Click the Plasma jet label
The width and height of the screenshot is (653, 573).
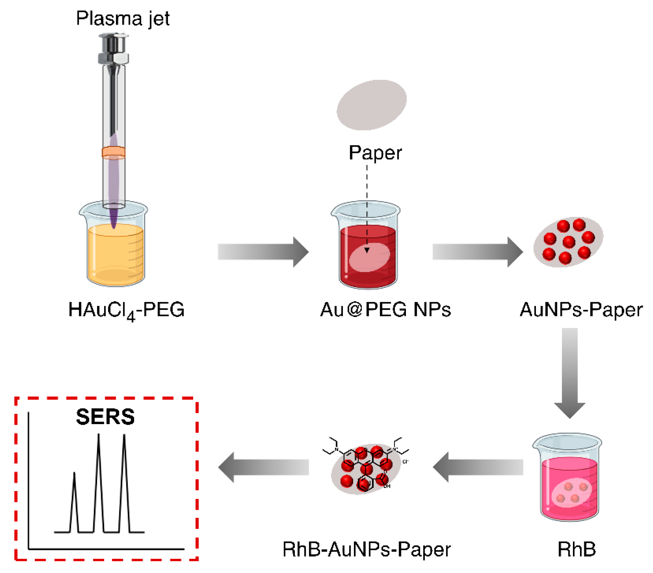click(123, 18)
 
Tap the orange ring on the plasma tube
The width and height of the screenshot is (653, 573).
click(113, 153)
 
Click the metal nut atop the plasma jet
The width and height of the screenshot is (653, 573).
click(113, 58)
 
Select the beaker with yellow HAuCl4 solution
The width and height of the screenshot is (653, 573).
click(115, 252)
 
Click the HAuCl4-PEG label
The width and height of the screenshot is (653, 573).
click(127, 310)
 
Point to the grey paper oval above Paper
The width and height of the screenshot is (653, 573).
click(371, 105)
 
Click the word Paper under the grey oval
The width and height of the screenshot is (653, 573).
click(375, 153)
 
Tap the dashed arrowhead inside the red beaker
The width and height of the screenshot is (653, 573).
click(367, 250)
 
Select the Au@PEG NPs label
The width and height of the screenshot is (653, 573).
click(385, 309)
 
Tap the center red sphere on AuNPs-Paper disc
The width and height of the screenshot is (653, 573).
click(569, 242)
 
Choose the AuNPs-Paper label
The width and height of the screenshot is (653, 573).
click(581, 309)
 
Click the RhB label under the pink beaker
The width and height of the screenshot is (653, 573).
click(576, 549)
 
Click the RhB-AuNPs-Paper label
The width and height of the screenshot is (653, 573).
click(367, 549)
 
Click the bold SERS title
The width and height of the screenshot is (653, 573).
click(105, 417)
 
